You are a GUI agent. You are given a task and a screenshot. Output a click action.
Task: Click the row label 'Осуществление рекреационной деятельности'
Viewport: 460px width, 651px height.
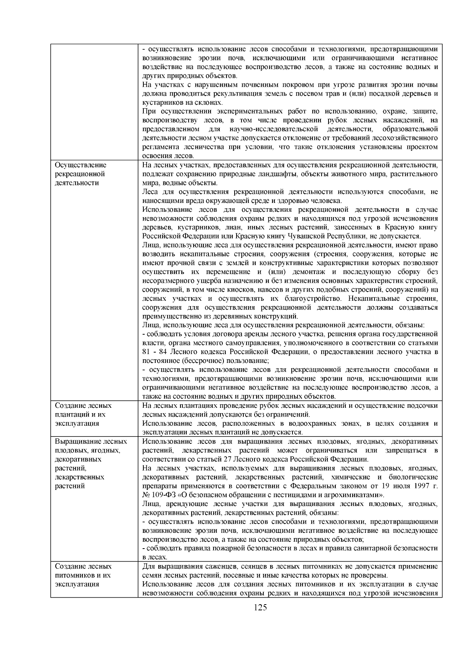coord(80,174)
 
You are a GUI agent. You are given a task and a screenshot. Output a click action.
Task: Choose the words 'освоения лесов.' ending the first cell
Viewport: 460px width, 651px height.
coord(168,156)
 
